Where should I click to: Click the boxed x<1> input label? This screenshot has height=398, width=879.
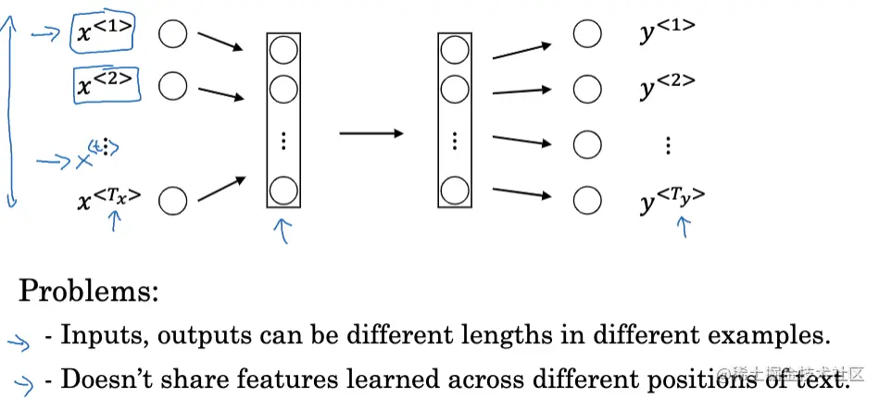[x=103, y=32]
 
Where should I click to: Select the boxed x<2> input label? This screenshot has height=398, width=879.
[x=107, y=86]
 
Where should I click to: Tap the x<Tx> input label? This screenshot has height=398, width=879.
[x=108, y=197]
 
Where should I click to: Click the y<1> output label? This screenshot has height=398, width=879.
[x=667, y=34]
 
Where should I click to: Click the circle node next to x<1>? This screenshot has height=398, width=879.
[x=172, y=35]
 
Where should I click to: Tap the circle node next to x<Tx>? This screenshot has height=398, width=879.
[x=172, y=199]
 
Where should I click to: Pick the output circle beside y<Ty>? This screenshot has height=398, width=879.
[x=585, y=199]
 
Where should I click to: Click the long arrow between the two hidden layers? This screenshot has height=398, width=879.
[x=370, y=134]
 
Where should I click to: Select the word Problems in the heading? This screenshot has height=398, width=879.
[x=89, y=292]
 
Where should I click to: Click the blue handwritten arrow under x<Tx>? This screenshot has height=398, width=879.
[x=114, y=220]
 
